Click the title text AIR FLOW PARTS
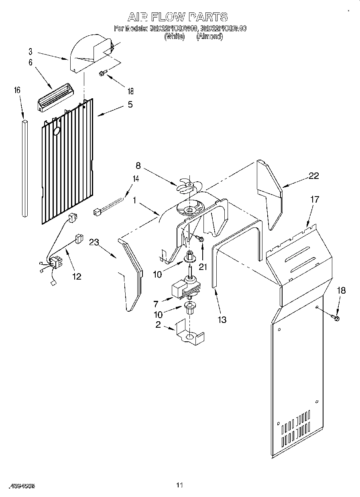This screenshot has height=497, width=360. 177,17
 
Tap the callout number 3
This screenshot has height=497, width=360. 31,51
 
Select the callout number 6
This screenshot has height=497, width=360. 31,63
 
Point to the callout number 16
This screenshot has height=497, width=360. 17,91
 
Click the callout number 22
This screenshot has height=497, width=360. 314,176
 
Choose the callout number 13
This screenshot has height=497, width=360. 222,320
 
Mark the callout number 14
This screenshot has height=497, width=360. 136,179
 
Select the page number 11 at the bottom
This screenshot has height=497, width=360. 179,486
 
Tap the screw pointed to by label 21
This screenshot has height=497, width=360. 201,239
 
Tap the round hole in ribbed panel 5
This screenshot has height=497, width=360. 57,131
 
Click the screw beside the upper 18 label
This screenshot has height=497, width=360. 102,73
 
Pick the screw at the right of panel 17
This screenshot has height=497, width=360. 336,318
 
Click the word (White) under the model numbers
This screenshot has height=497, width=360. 174,37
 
